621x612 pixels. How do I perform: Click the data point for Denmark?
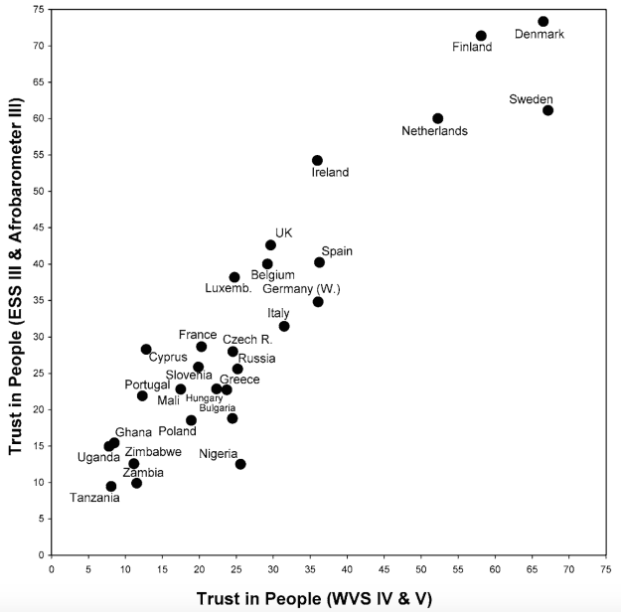tap(543, 22)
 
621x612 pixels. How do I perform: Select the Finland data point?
tap(481, 36)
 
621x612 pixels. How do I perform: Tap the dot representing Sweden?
tap(547, 110)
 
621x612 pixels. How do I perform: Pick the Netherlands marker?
tap(437, 119)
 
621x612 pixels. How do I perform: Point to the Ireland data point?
tap(317, 160)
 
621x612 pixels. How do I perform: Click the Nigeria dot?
tap(240, 464)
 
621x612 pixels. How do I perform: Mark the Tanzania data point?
tap(111, 487)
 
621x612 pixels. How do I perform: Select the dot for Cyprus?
tap(146, 350)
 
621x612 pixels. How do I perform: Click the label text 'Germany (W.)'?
tap(302, 289)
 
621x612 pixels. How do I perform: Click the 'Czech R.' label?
tap(240, 340)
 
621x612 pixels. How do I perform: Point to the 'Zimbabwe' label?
tap(153, 451)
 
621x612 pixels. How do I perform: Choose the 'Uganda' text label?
tap(98, 458)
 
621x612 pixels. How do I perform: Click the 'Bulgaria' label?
tap(218, 407)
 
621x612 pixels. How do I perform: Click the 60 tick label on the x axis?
tap(495, 570)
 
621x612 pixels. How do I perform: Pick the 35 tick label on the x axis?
tap(310, 570)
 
